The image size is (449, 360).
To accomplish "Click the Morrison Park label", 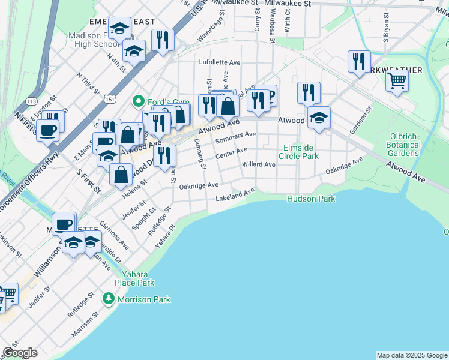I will point(143,299).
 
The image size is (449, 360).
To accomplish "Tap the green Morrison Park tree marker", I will point(108,298).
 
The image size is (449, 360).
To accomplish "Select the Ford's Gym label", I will point(161,100).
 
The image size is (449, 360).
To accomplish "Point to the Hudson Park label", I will point(311,199).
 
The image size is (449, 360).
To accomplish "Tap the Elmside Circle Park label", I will point(301,152).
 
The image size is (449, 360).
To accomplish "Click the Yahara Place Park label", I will point(135,278).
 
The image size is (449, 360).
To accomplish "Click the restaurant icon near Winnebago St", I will point(162,40).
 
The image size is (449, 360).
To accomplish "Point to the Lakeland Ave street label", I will point(235,194).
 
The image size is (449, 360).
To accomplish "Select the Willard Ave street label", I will point(258,164).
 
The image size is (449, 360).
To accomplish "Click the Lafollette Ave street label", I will point(220,62).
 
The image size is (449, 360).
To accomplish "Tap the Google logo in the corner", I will point(20,353).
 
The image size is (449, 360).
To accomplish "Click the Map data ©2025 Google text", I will point(411,355).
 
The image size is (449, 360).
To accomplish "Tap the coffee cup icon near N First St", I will point(47,130).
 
